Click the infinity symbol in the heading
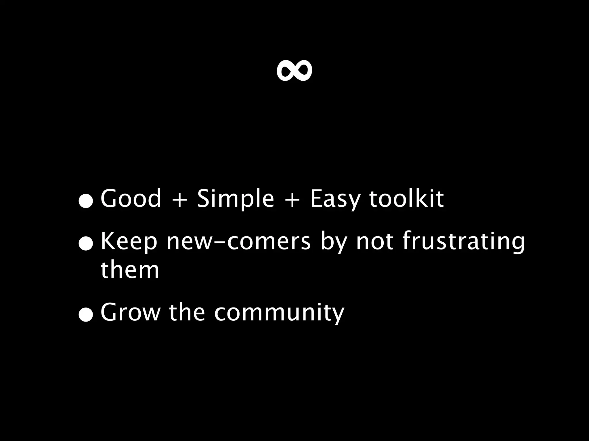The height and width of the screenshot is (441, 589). (294, 71)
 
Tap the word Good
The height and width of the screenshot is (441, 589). (131, 198)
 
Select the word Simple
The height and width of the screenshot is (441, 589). (236, 199)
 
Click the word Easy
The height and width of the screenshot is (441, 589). (335, 199)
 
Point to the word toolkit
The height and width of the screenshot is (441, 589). (406, 198)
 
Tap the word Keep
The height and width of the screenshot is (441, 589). (129, 241)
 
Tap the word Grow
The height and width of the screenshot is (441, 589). (130, 312)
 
